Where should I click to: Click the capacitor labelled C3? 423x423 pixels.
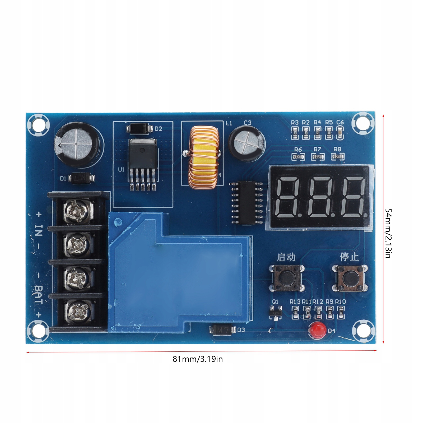point(247,146)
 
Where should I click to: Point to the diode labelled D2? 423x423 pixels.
point(140,129)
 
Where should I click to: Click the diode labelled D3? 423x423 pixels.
point(222,330)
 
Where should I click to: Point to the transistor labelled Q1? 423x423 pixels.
point(276,313)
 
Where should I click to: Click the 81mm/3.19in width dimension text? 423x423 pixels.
point(198,359)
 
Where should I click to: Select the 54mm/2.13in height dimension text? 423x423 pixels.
point(388,233)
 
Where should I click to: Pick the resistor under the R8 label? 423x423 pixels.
point(337,157)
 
